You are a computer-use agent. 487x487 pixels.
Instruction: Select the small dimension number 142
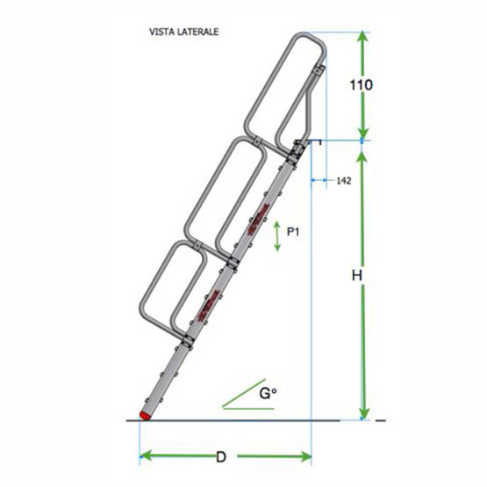coord(344,180)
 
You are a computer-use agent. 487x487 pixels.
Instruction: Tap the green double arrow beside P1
coord(277,237)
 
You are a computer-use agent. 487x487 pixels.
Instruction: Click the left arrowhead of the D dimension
coord(146,456)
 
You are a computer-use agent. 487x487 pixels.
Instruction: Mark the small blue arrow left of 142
coord(320,180)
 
